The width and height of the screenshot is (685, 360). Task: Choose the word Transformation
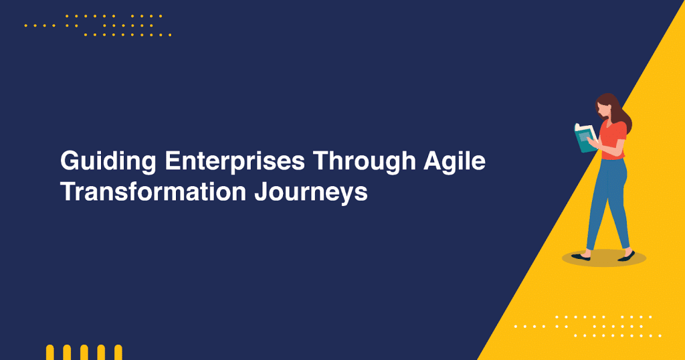[x=153, y=192]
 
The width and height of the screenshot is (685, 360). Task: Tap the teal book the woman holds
[x=585, y=137]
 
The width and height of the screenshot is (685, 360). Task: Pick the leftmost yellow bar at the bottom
[x=50, y=353]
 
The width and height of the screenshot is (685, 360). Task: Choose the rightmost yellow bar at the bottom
[x=118, y=353]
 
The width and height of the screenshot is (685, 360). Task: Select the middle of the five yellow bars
[x=84, y=353]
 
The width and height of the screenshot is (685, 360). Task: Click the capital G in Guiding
[x=68, y=162]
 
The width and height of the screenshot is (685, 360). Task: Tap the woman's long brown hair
[x=620, y=114]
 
